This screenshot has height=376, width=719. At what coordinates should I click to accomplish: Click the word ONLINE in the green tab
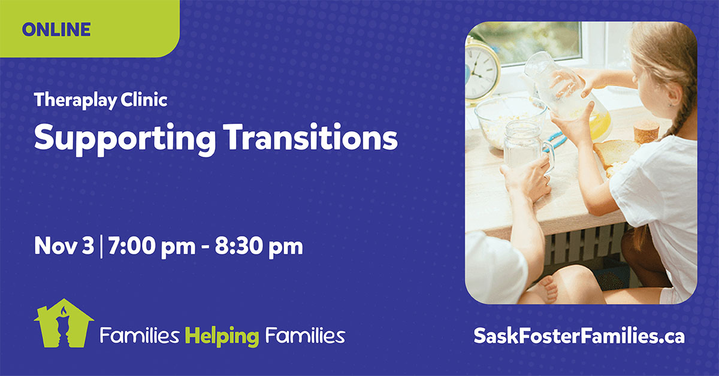pos(56,29)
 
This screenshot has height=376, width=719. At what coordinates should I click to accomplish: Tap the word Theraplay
pos(75,101)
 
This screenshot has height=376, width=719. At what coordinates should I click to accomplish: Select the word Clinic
pos(144,99)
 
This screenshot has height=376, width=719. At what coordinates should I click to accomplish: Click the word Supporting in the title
pos(125,138)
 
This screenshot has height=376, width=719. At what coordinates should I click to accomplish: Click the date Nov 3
pos(64,246)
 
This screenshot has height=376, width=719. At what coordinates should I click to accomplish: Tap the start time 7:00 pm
pos(152,247)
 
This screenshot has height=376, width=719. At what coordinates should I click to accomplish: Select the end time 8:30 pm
pos(259,247)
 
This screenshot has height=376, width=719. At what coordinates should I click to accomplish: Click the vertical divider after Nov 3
pos(101,247)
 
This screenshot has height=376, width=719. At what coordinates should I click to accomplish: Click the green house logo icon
pos(64,323)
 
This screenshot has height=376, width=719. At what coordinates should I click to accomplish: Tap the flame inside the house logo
pos(64,311)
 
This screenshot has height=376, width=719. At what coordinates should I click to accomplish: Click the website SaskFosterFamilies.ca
pos(579,336)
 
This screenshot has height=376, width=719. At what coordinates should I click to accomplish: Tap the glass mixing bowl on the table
pos(510,122)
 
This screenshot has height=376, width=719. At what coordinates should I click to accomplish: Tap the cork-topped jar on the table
pos(646,132)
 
